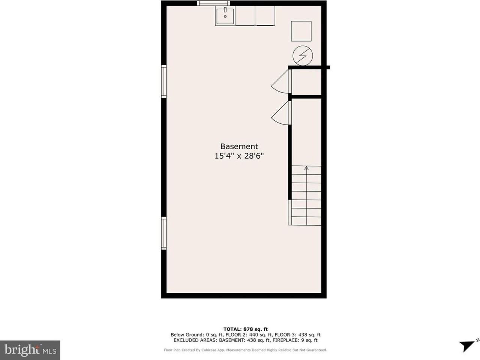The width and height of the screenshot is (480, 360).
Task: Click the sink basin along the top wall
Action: [x=225, y=16]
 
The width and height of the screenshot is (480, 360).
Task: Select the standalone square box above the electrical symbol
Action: [x=301, y=31]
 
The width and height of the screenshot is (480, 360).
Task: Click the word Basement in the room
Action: [x=239, y=147]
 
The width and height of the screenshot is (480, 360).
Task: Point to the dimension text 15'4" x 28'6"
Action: [x=239, y=156]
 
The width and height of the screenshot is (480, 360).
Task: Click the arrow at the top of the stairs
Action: [x=306, y=168]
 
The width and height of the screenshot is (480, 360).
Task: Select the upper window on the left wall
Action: [x=164, y=81]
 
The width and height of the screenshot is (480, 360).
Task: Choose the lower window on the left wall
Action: [x=164, y=233]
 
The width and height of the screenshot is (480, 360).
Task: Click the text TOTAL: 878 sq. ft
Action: [x=245, y=329]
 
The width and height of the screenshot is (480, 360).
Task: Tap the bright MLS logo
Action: [x=30, y=350]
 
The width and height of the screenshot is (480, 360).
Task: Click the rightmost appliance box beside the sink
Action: [x=265, y=16]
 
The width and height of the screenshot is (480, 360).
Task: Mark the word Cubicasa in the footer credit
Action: [x=215, y=350]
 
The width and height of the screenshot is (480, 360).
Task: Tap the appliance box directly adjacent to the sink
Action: [x=245, y=16]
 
